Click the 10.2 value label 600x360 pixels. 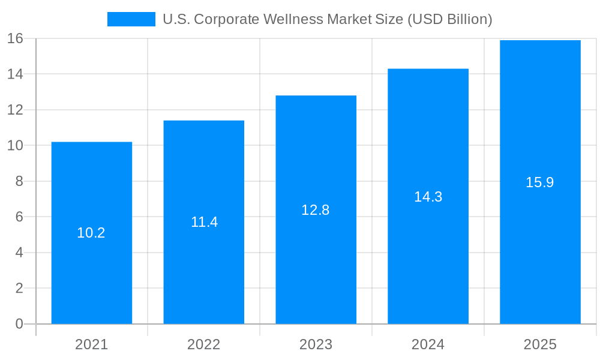tap(91, 233)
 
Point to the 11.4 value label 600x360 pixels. tap(204, 222)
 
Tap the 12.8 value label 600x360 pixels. tap(316, 210)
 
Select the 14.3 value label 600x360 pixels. tap(428, 197)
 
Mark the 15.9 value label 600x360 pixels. tap(540, 182)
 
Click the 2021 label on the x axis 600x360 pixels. tap(91, 344)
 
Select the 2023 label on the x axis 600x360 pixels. tap(316, 344)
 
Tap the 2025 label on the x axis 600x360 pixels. tap(540, 344)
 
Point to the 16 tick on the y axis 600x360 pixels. tap(15, 38)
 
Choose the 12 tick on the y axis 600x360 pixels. tap(15, 110)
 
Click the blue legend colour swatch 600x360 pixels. tap(131, 19)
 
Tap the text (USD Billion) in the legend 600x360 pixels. tap(450, 19)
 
